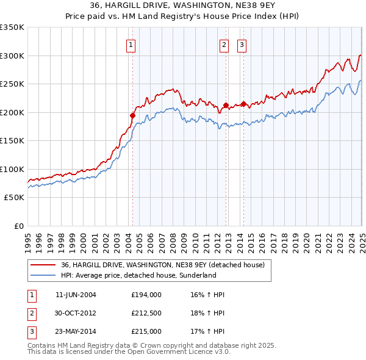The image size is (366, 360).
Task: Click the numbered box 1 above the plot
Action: pyautogui.click(x=132, y=44)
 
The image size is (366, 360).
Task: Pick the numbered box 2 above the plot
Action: pyautogui.click(x=224, y=44)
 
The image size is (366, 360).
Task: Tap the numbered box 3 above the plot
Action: pyautogui.click(x=242, y=44)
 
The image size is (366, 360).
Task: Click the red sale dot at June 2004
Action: pyautogui.click(x=133, y=115)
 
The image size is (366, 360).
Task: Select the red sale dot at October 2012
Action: pyautogui.click(x=226, y=105)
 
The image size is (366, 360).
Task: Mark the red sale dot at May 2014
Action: pyautogui.click(x=243, y=104)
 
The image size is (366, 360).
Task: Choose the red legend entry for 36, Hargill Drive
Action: pyautogui.click(x=162, y=265)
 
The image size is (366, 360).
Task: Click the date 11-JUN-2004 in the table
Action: pyautogui.click(x=76, y=295)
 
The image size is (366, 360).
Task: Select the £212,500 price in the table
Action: pyautogui.click(x=146, y=313)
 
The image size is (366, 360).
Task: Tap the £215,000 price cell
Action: pyautogui.click(x=146, y=331)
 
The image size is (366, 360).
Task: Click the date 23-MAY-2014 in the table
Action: pyautogui.click(x=76, y=331)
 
